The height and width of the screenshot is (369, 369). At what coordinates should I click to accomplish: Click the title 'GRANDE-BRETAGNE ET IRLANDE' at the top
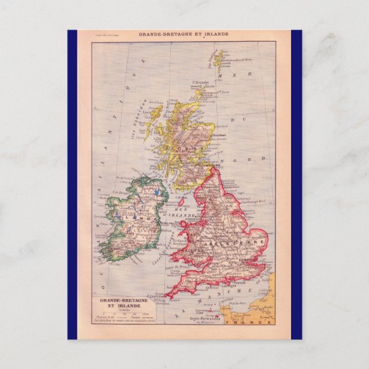(184, 34)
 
